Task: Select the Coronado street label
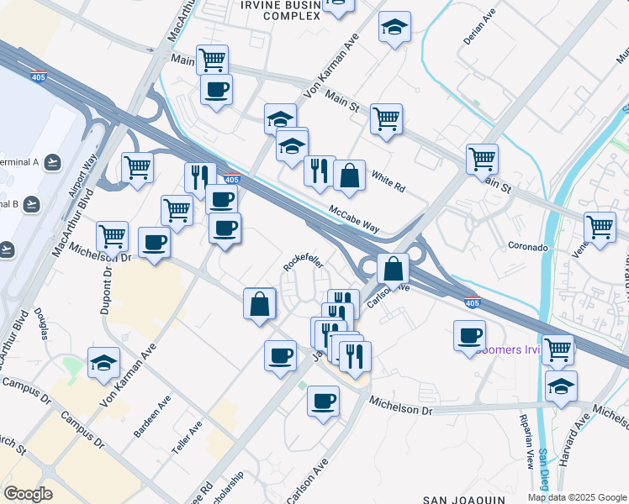[x=528, y=248]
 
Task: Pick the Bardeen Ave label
[x=151, y=417]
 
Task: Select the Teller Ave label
[x=187, y=438]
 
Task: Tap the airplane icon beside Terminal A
[x=54, y=160]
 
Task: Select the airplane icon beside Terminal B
[x=32, y=203]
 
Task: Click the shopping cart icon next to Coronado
[x=600, y=226]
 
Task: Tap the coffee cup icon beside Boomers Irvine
[x=469, y=336]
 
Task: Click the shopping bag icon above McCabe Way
[x=349, y=176]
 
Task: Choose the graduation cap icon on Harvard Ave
[x=561, y=386]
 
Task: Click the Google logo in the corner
[x=28, y=494]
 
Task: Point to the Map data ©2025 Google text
[x=577, y=497]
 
